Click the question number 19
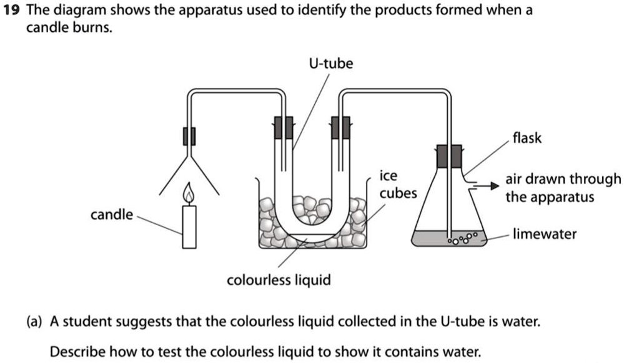point(10,11)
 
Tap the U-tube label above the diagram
point(330,64)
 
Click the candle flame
point(189,195)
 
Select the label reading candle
point(112,215)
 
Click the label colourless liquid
point(279,280)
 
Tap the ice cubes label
point(398,185)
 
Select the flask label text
point(527,138)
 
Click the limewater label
point(545,235)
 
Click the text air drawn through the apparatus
point(563,188)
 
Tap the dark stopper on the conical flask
point(448,156)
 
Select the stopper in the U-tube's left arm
point(284,127)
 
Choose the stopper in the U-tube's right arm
point(340,127)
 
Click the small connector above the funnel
point(189,136)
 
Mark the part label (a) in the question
point(34,322)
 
